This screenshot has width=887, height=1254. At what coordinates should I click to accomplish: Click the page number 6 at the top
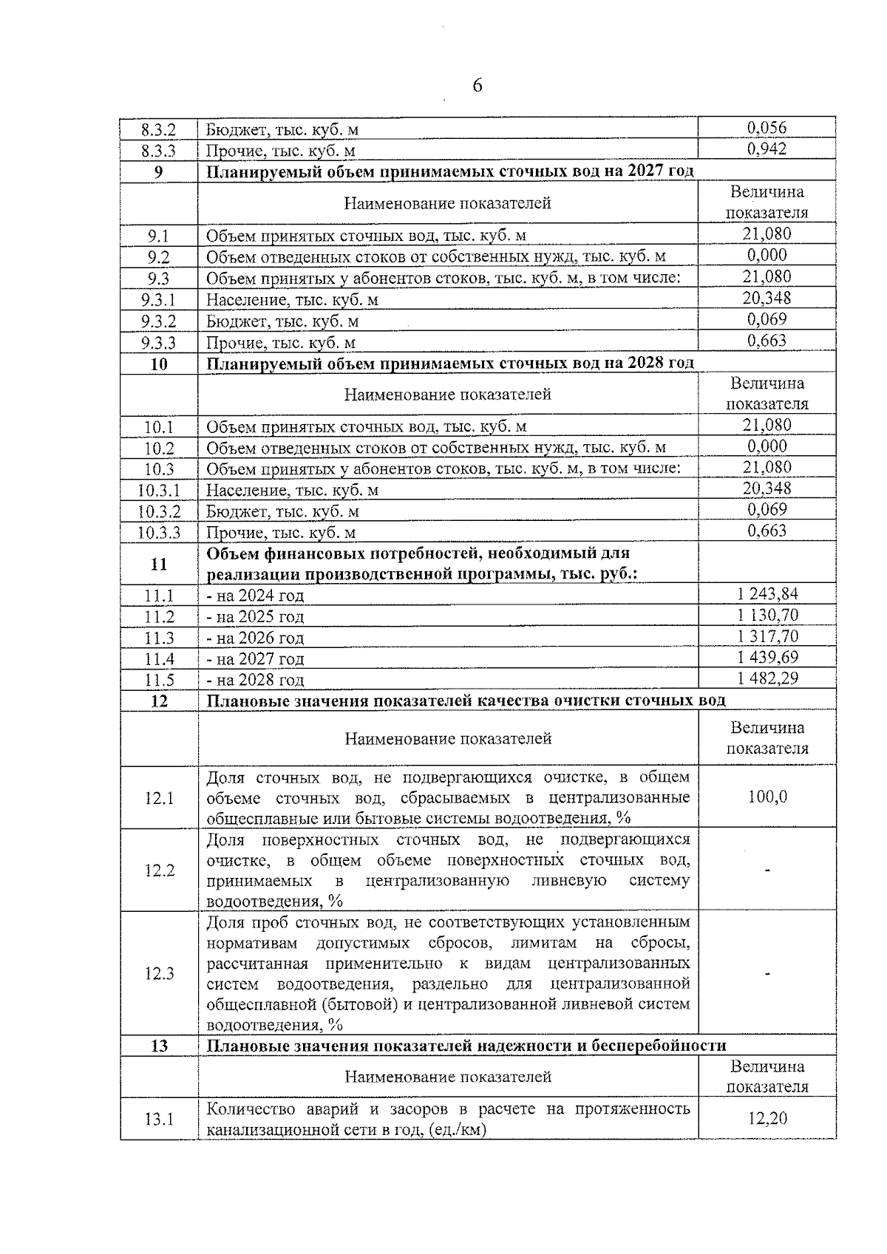tap(477, 86)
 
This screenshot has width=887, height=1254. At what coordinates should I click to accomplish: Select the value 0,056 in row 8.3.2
tap(767, 128)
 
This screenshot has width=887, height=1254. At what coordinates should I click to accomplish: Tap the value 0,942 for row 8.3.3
tap(767, 149)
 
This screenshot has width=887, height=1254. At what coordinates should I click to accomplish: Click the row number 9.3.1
tap(158, 300)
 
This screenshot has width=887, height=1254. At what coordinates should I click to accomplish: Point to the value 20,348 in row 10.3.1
tap(767, 488)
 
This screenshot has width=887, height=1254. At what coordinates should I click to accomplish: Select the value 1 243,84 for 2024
tap(767, 594)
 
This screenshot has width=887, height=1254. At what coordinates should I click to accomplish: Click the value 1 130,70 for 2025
tap(767, 616)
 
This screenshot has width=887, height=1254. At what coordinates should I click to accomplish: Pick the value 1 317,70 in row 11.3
tap(767, 636)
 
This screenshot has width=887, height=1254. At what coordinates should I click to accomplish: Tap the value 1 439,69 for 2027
tap(767, 658)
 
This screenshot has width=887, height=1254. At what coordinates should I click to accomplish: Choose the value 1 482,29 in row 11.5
tap(767, 678)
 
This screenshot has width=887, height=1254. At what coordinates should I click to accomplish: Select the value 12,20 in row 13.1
tap(767, 1118)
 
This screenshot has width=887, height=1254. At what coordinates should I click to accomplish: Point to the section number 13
tap(158, 1046)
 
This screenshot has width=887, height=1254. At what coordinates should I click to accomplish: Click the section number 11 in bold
tap(158, 565)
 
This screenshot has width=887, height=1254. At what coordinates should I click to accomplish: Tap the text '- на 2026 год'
tap(255, 638)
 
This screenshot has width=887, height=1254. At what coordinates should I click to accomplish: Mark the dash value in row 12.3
tap(767, 973)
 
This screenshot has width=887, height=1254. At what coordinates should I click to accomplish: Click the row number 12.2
tap(158, 870)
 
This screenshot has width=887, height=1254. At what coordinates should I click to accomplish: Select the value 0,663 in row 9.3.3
tap(767, 341)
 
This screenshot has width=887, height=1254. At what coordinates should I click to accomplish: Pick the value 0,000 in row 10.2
tap(767, 446)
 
